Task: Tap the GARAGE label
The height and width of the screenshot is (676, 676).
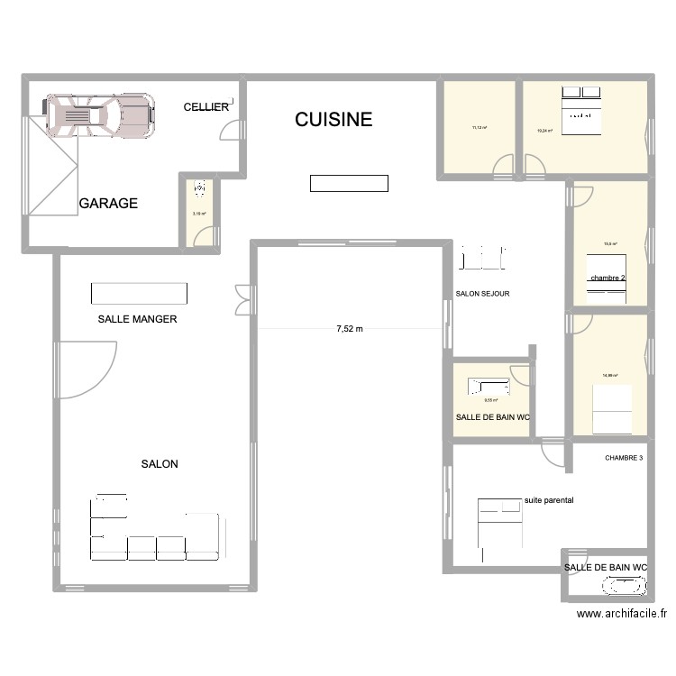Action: coord(108,204)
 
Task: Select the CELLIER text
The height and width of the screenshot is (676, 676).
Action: coord(206,107)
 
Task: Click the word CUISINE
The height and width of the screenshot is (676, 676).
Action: coord(333,120)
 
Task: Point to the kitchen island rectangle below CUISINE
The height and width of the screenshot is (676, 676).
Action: coord(349,183)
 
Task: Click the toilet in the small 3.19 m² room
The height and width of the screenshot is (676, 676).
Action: coord(200,189)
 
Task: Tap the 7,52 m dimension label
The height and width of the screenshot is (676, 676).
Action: coord(349,329)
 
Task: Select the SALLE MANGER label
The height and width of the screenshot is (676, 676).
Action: coord(138,319)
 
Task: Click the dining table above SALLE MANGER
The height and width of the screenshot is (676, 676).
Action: coord(139,294)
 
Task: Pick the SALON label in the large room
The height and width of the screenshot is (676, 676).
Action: coord(160,464)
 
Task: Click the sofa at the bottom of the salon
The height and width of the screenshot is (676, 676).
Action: coord(155,537)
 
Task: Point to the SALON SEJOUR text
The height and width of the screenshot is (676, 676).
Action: coord(483,294)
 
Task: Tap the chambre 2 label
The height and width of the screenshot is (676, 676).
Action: coord(607,279)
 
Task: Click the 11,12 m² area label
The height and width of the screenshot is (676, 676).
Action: coord(479,127)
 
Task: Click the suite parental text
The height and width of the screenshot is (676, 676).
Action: coord(549,499)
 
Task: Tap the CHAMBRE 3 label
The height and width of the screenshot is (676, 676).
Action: coord(625,458)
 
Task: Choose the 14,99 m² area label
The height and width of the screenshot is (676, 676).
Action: coord(609,376)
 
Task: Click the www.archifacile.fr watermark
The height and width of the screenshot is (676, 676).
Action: coord(621,614)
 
